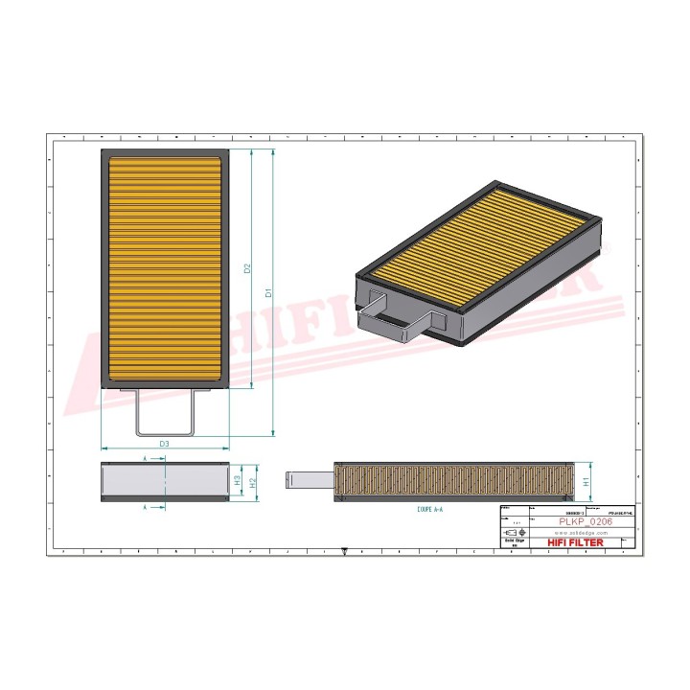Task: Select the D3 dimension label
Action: coord(164,444)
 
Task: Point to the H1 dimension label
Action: coord(586,482)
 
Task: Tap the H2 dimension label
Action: coord(253,483)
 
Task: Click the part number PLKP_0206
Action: coord(585,521)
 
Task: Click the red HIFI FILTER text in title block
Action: coord(576,543)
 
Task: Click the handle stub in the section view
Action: coord(310,477)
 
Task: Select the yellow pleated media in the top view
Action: coord(164,267)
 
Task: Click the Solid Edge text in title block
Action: coord(511,542)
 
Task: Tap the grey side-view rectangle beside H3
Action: coord(164,482)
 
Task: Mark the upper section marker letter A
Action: coord(145,460)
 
